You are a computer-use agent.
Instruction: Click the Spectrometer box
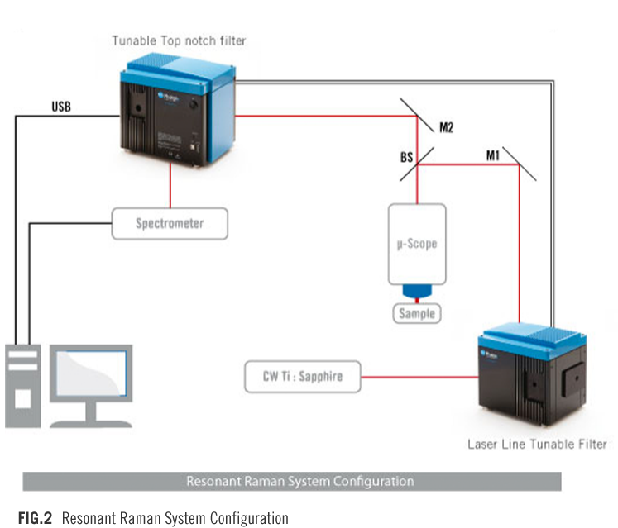(170, 223)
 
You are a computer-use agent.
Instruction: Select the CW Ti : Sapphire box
(304, 378)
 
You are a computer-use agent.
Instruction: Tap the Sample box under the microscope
(416, 315)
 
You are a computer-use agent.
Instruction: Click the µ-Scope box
(417, 245)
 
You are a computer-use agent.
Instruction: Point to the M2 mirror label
(447, 128)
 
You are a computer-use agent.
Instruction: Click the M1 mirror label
(492, 155)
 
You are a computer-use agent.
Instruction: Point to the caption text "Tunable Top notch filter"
(179, 40)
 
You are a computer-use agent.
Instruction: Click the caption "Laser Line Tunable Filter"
(537, 444)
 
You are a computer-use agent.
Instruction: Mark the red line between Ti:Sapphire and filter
(421, 378)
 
